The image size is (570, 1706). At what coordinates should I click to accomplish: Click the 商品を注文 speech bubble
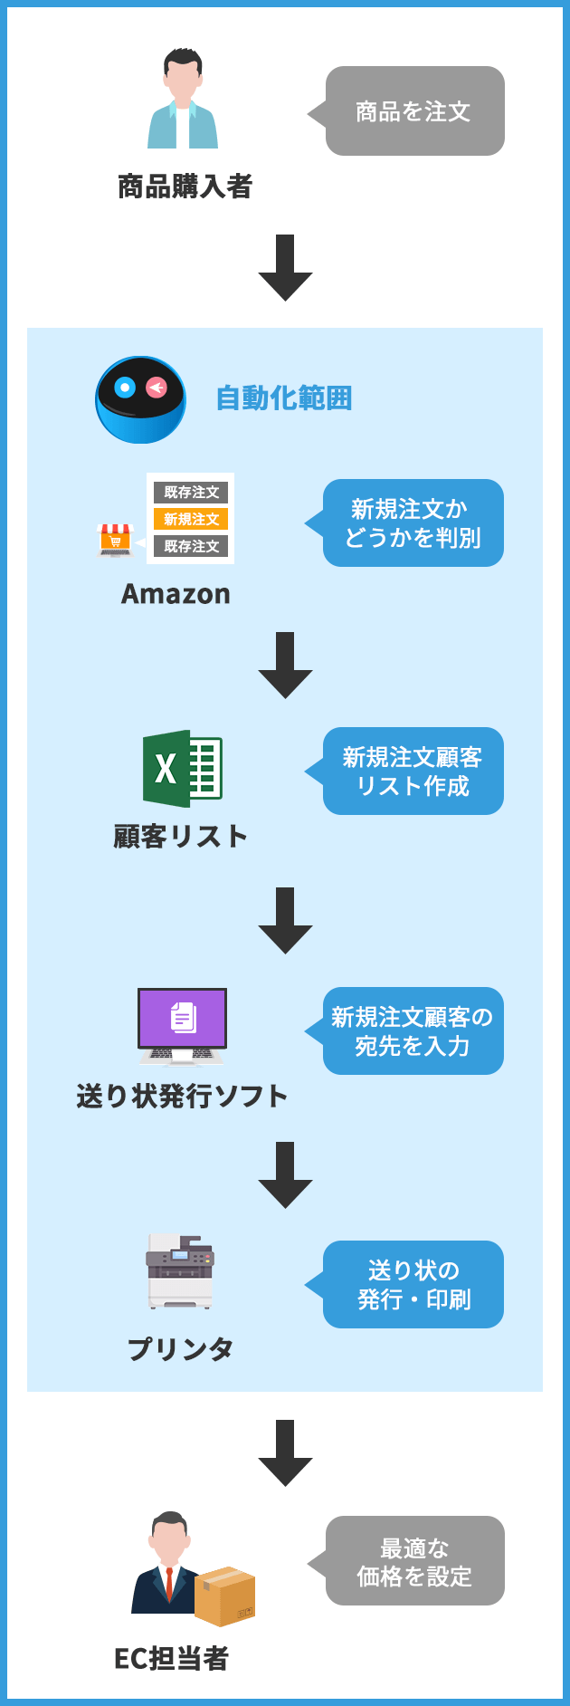tap(414, 111)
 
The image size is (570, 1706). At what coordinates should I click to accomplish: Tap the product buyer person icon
tap(183, 100)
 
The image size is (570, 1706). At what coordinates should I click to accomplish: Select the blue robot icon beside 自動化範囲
tap(141, 399)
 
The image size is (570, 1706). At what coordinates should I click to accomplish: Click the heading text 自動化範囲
tap(284, 398)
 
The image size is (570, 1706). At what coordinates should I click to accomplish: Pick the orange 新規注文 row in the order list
tap(191, 519)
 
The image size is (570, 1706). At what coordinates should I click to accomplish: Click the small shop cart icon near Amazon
tap(115, 540)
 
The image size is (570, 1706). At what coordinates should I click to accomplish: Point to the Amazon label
tap(176, 594)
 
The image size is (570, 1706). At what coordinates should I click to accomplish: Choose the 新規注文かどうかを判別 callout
tap(413, 523)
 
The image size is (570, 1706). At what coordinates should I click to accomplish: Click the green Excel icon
tap(182, 769)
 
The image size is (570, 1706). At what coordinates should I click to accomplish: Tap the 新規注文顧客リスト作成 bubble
tap(413, 772)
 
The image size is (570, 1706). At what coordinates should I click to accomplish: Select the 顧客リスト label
tap(181, 836)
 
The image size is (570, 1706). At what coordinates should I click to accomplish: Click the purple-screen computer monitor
tap(182, 1025)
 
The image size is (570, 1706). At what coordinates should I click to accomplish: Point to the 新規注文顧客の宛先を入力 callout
tap(413, 1031)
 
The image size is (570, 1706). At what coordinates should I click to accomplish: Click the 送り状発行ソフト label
tap(182, 1097)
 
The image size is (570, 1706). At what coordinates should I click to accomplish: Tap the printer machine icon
tap(180, 1271)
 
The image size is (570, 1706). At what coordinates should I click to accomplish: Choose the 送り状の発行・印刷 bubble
tap(413, 1285)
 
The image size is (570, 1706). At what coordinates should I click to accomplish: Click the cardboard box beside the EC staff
tap(225, 1596)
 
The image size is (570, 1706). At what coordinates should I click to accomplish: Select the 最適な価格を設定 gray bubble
tap(414, 1561)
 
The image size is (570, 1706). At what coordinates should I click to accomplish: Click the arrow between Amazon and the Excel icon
tap(285, 665)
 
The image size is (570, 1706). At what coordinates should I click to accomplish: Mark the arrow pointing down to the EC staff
tap(285, 1452)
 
